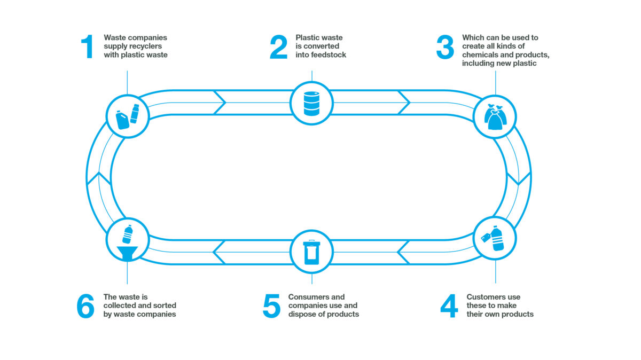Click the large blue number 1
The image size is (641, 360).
click(88, 47)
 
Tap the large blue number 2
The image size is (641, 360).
click(278, 47)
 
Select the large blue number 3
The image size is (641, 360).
click(445, 47)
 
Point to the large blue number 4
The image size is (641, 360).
click(449, 306)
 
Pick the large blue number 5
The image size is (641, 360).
click(271, 306)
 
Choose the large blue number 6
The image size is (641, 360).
click(85, 306)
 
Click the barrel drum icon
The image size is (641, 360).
click(311, 104)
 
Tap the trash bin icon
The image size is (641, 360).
click(311, 252)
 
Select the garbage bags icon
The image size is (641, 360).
click(495, 117)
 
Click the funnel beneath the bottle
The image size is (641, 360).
click(127, 253)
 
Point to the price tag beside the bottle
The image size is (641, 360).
click(486, 238)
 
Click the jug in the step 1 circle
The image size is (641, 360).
click(122, 120)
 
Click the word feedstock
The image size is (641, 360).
click(328, 54)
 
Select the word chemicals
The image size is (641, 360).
click(480, 54)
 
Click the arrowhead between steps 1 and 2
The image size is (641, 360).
click(220, 103)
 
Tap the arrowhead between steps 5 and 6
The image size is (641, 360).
click(219, 252)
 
